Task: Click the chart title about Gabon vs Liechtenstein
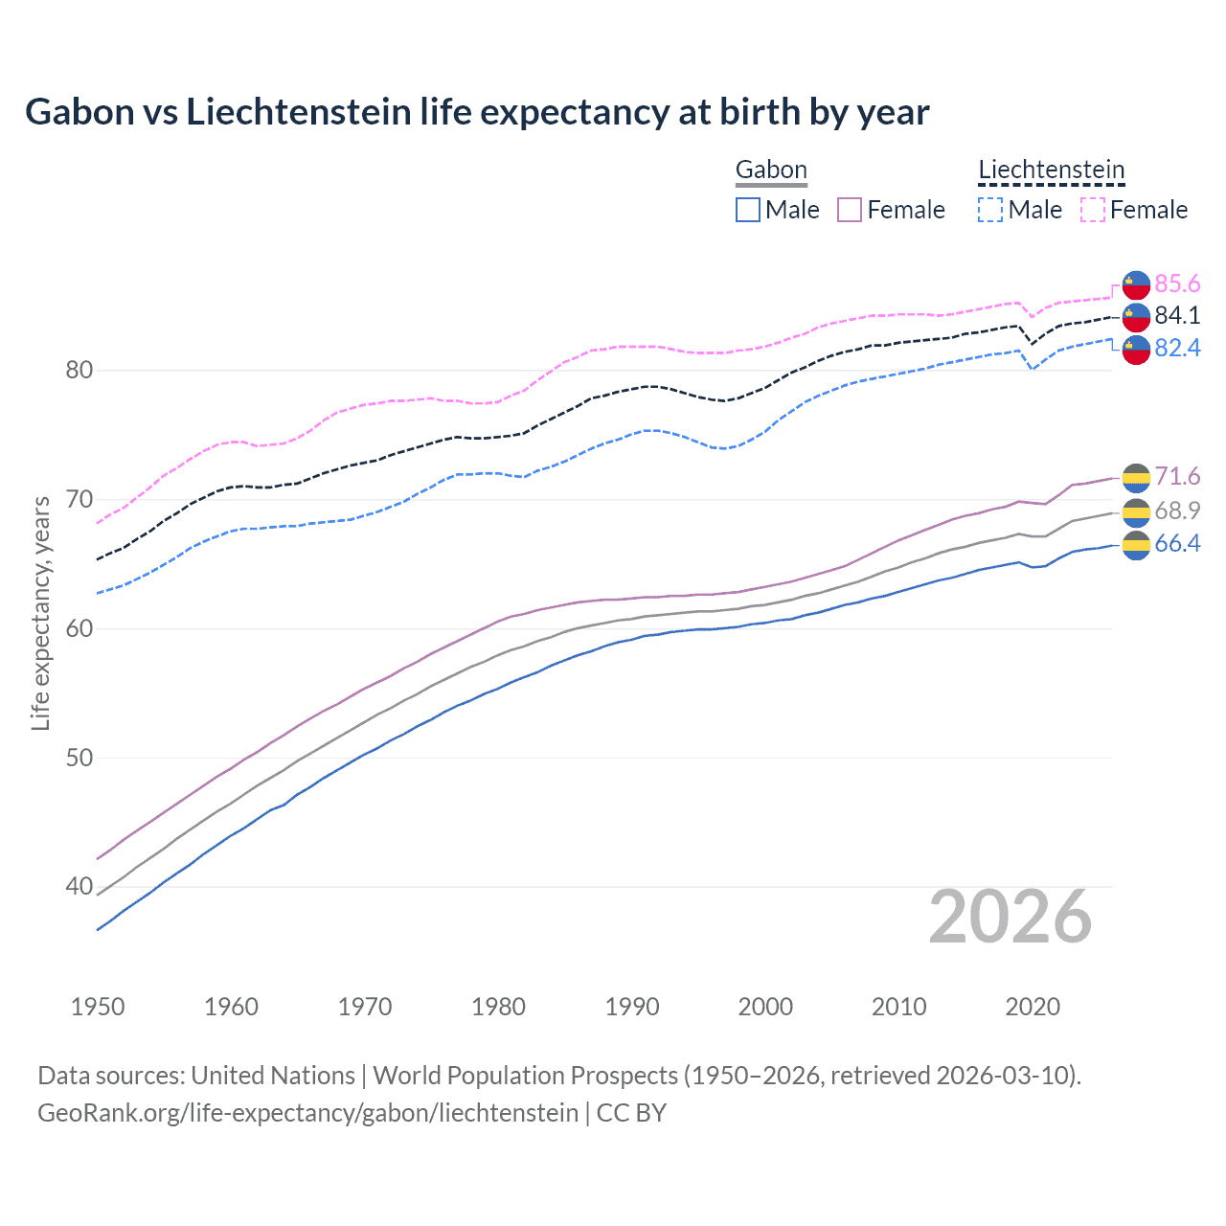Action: coord(477,112)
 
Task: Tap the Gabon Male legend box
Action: coord(748,210)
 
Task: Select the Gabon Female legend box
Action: coord(850,210)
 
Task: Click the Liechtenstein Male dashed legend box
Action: coord(990,210)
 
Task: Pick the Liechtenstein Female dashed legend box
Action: coord(1093,210)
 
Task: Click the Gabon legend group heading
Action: coord(771,170)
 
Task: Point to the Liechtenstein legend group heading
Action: coord(1051,170)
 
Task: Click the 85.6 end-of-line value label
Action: coord(1177,284)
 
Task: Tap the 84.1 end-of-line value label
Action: coord(1177,316)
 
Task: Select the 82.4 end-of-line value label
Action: coord(1177,349)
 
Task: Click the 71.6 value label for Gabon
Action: coord(1177,477)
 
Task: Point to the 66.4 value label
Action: coord(1177,544)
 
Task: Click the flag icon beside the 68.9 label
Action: coord(1136,511)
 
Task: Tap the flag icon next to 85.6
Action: coord(1136,284)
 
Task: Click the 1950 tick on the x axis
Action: coord(98,1007)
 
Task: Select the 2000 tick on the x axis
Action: coord(765,1007)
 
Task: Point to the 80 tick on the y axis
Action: coord(79,371)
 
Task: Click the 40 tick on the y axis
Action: coord(79,887)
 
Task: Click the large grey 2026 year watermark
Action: coord(1010,918)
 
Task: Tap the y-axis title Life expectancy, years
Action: coord(40,613)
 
